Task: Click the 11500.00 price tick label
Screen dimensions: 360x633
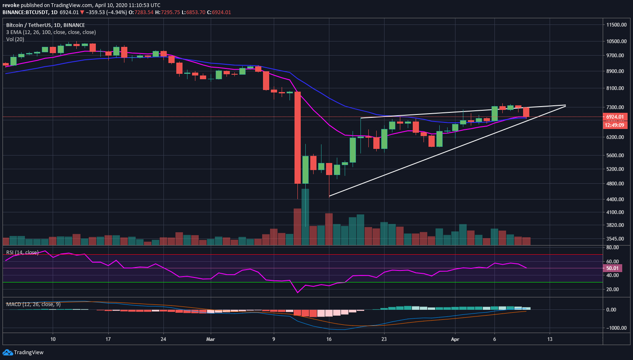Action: (616, 25)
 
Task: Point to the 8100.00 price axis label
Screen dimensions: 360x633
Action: (616, 88)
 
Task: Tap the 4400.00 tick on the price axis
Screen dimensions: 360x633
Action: (616, 199)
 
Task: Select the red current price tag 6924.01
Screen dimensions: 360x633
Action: (615, 117)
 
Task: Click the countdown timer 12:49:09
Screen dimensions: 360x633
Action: (615, 125)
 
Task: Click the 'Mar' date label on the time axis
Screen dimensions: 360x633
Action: (211, 339)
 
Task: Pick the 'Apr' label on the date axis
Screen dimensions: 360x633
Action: (455, 339)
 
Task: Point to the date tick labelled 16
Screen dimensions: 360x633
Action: (329, 339)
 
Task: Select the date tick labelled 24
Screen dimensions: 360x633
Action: (163, 339)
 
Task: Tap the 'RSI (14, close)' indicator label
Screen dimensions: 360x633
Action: (22, 253)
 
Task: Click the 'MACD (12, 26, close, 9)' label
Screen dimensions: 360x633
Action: (33, 304)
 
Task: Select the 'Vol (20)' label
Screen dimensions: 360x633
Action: (15, 39)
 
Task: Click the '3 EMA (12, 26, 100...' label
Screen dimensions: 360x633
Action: (51, 32)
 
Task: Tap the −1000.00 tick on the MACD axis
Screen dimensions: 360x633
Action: (615, 328)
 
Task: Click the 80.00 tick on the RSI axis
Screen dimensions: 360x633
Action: (612, 248)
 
